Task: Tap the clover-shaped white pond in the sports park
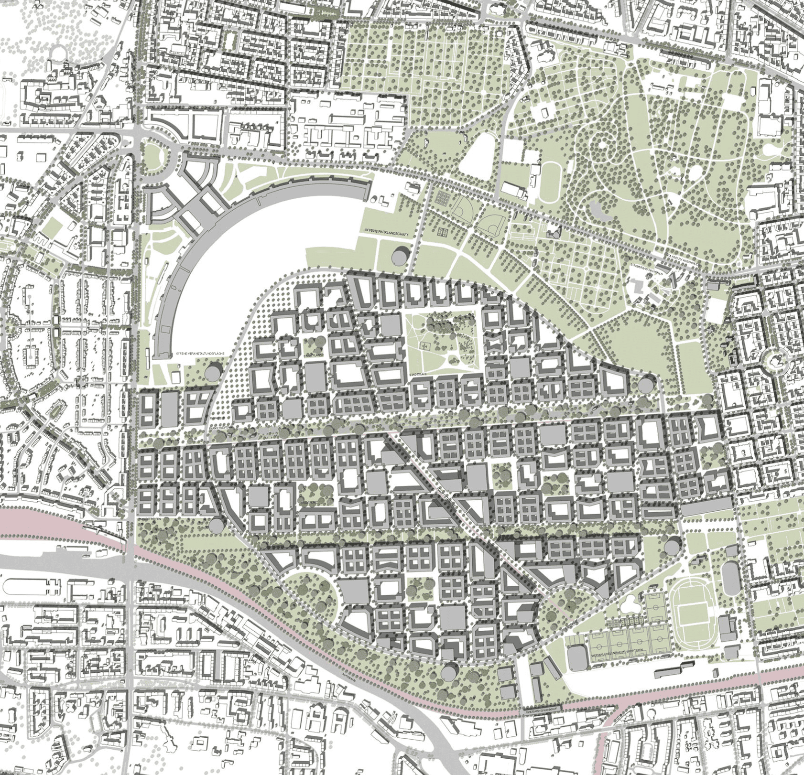coord(631,604)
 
